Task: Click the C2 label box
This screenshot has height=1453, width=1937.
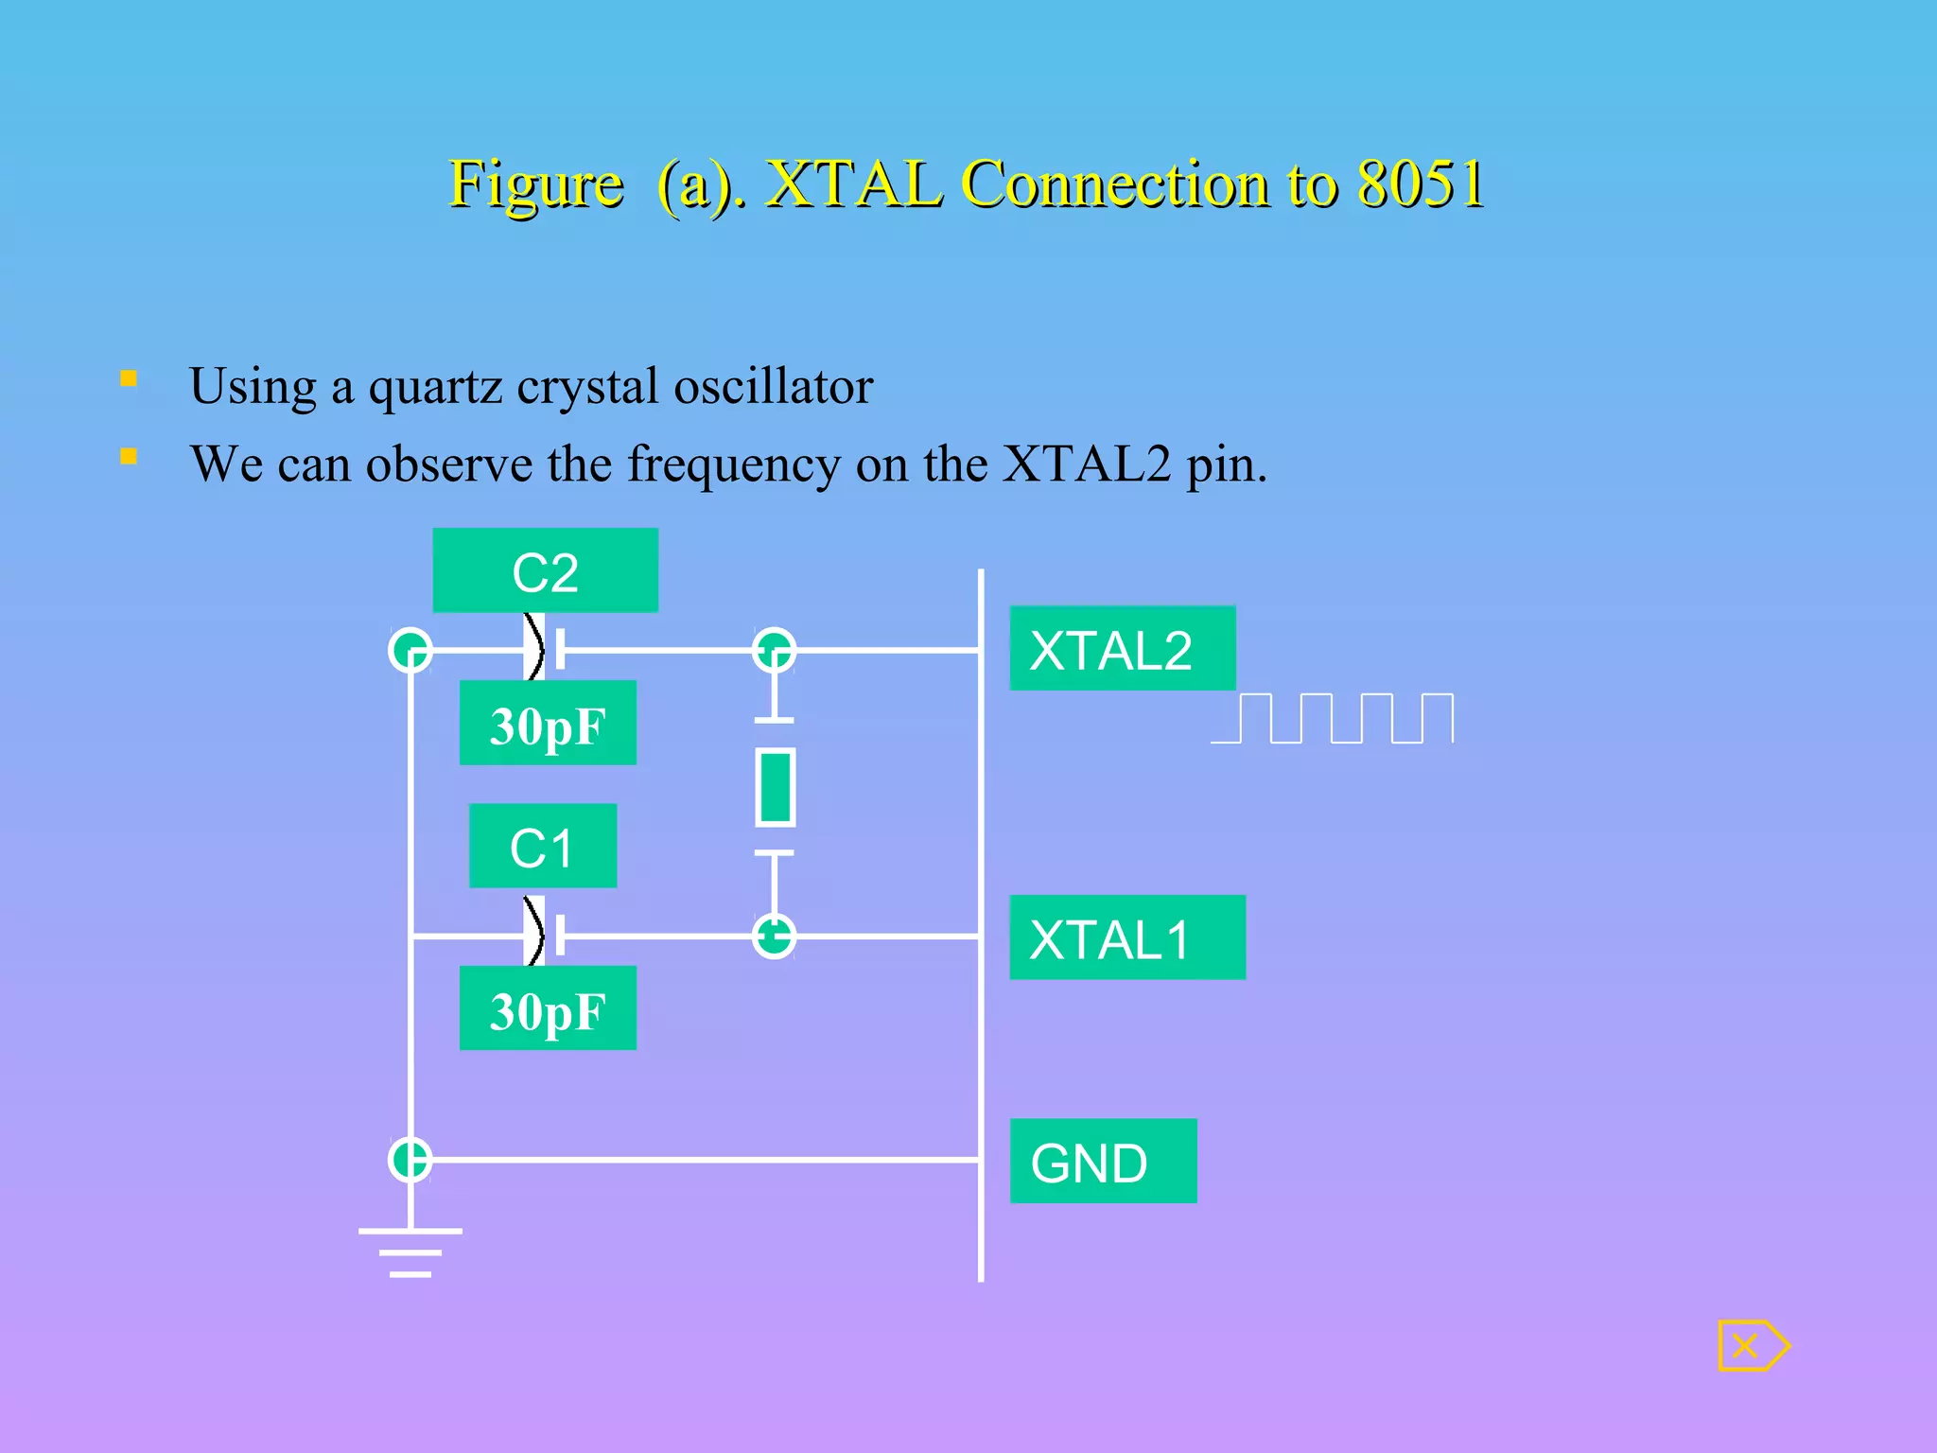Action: [x=545, y=570]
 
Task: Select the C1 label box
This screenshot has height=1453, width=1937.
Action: [x=543, y=846]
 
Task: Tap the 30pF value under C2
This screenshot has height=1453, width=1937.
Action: [x=548, y=724]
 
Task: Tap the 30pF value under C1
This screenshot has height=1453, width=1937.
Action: [x=548, y=1008]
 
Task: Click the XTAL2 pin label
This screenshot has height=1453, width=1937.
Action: [x=1122, y=649]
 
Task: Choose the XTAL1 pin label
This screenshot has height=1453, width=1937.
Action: [x=1126, y=937]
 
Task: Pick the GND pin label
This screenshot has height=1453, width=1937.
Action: [x=1103, y=1162]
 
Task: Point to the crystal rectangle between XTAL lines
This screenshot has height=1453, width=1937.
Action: [x=776, y=787]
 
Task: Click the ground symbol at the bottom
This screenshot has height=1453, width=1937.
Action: [x=410, y=1252]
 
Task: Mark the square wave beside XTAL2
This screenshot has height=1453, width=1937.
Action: [x=1332, y=719]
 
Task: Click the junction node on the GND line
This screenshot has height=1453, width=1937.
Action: [x=410, y=1160]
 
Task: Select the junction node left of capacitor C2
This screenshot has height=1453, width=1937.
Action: [x=410, y=651]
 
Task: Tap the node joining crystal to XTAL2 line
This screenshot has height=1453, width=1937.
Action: [x=775, y=651]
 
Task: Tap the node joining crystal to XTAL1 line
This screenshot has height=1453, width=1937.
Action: [x=775, y=937]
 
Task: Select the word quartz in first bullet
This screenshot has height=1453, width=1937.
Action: [x=435, y=386]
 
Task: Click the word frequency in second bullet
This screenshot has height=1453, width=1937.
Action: [x=733, y=464]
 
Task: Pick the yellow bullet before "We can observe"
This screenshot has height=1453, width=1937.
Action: [x=129, y=457]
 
